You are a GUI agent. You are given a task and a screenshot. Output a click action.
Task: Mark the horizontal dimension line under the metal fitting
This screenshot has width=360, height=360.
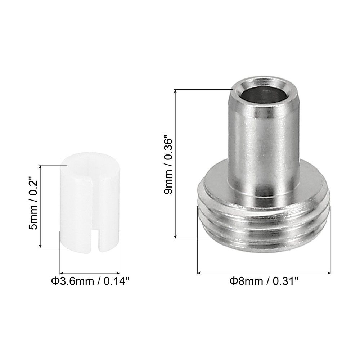[264, 273]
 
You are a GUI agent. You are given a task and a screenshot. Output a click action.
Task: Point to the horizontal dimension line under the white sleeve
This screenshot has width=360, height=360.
[90, 273]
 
